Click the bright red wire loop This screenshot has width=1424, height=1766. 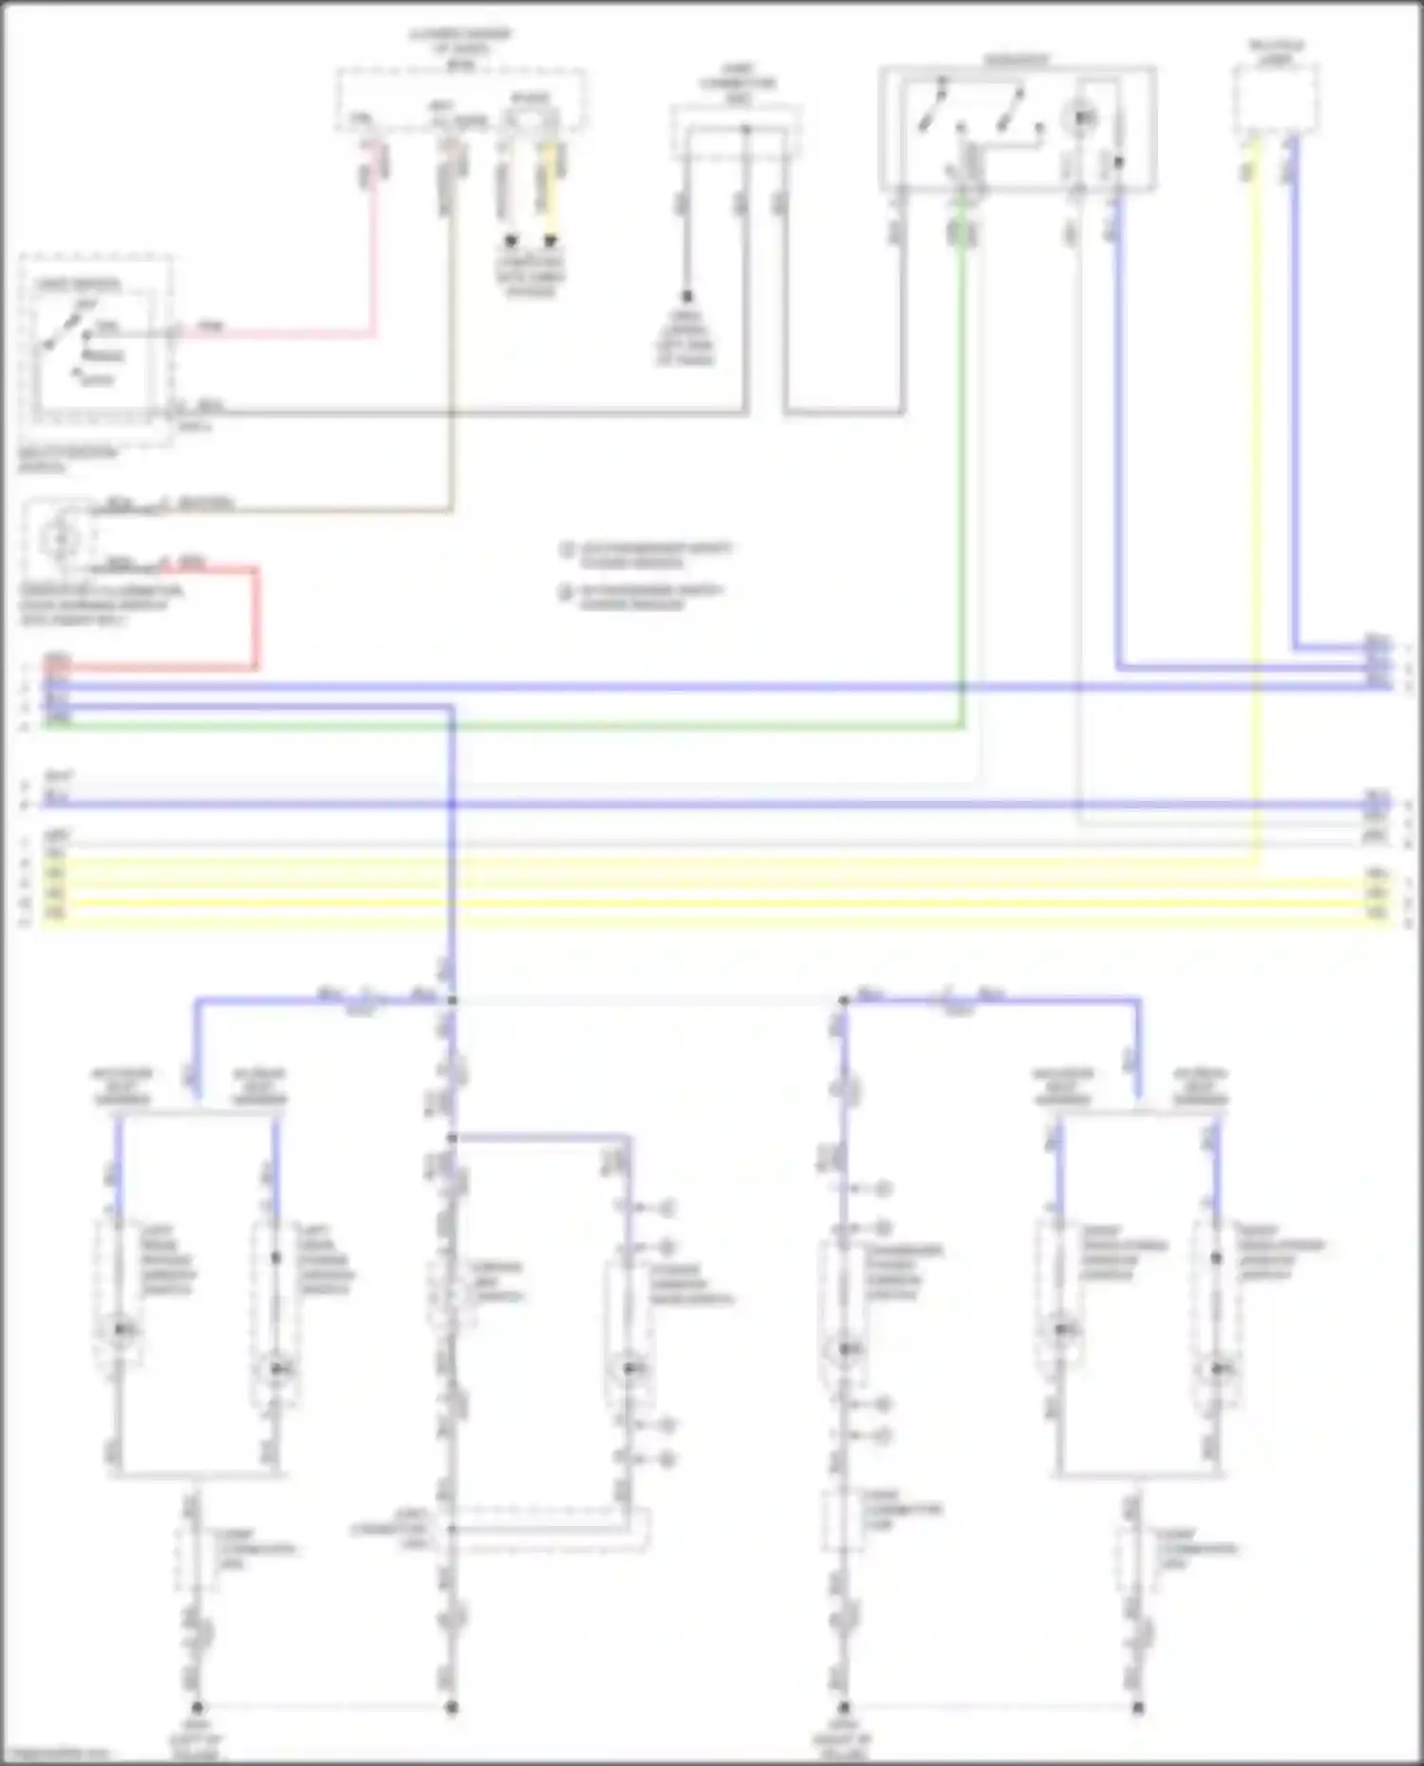pos(255,617)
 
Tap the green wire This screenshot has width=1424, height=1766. pos(962,474)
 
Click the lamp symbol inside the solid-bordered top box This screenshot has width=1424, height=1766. pos(1082,119)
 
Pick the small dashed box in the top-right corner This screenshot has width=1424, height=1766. pos(1276,101)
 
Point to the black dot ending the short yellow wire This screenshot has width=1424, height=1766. pos(551,241)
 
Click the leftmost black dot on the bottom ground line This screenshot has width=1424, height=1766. pos(197,1707)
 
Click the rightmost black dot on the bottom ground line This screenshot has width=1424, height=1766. pos(1138,1707)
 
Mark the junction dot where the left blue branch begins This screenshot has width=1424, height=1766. pos(452,1000)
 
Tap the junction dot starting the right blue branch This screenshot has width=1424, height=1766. pos(844,1000)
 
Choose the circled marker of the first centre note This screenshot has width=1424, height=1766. pos(568,549)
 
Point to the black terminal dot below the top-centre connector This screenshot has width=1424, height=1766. pos(686,296)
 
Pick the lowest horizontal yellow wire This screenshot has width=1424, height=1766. pos(712,921)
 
